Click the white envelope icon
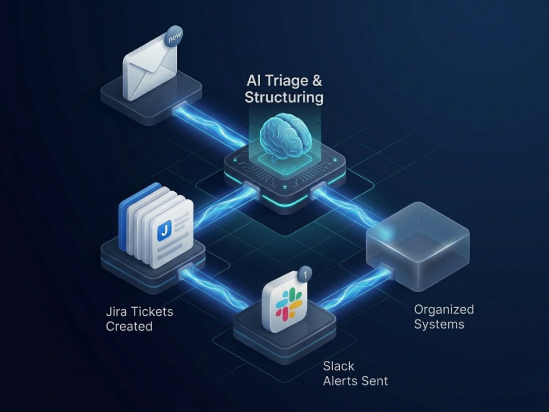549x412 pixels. coord(150,68)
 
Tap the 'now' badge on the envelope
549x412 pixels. coord(173,36)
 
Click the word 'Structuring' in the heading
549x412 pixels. coord(284,97)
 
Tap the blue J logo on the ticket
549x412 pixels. coord(164,230)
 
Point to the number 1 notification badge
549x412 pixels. coord(305,274)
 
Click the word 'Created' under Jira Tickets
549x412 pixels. coord(129,326)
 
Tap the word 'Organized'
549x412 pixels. coord(444,310)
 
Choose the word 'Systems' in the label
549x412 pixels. coord(439,325)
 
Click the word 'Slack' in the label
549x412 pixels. coord(339,366)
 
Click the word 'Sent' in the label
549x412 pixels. coord(376,381)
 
